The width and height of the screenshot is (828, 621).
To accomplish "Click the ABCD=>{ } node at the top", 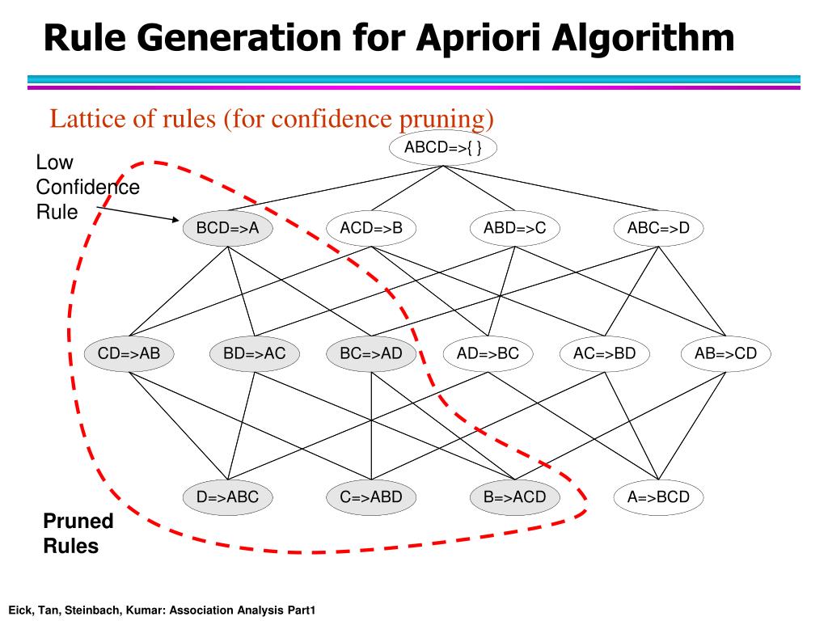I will click(442, 147).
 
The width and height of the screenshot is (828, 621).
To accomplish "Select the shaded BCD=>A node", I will click(227, 228).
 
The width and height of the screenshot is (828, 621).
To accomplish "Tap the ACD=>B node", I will click(371, 228).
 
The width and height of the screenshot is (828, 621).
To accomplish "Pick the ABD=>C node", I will click(515, 228).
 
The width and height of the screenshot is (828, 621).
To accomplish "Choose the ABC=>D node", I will click(658, 228).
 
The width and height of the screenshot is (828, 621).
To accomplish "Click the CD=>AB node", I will click(129, 353).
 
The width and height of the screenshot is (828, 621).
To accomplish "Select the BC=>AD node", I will click(371, 353).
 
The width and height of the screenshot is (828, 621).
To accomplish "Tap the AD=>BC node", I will click(488, 353).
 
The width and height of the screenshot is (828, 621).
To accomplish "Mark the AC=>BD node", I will click(604, 353).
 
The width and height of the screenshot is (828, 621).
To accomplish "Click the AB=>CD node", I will click(725, 353).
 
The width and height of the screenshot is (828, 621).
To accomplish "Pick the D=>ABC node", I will click(227, 496).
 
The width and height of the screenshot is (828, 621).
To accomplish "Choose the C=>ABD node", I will click(371, 496).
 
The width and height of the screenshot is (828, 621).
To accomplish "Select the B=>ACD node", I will click(515, 496).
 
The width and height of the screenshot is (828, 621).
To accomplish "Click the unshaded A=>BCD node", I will click(658, 496).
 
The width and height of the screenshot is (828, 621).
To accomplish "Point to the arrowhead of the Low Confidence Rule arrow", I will click(174, 219).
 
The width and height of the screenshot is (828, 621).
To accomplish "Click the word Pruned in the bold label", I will click(78, 521).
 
